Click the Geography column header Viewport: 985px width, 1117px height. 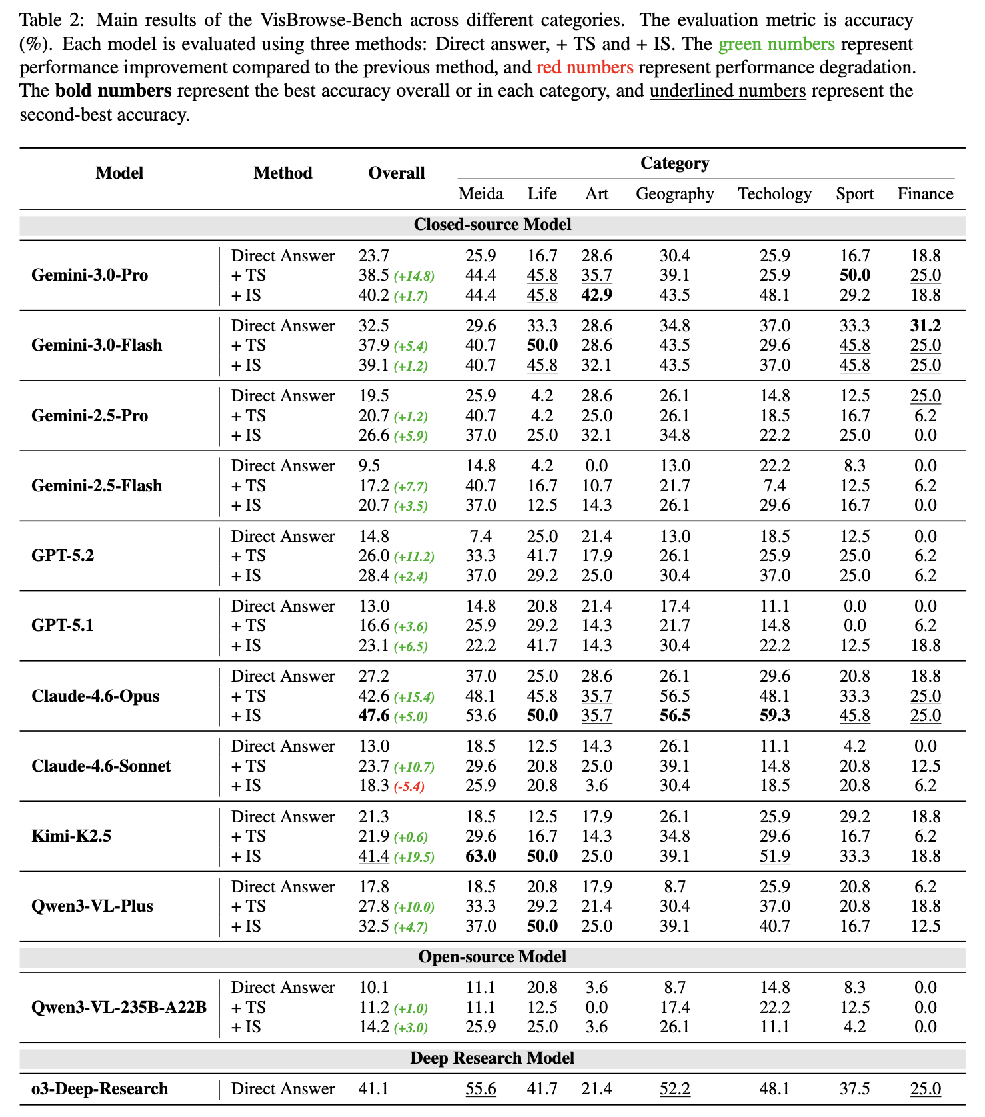(674, 194)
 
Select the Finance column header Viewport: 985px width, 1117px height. (925, 194)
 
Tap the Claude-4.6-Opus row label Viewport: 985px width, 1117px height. (95, 696)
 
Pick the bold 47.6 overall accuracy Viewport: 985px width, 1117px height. (373, 716)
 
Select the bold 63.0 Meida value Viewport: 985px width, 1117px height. (480, 856)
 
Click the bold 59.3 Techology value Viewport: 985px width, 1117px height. (774, 716)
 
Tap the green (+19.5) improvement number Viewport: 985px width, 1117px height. (413, 857)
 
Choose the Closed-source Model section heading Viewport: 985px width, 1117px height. (492, 225)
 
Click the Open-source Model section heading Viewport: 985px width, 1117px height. (492, 957)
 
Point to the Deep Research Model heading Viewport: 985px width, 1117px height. (492, 1058)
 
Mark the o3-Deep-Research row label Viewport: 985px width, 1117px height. (100, 1089)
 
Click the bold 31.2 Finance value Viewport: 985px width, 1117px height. (925, 326)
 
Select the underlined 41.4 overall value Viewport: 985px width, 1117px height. (373, 856)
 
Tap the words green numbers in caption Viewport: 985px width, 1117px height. (776, 44)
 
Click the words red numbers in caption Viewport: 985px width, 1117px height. (584, 67)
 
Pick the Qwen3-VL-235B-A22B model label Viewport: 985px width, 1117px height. (119, 1007)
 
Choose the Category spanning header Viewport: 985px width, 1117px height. (674, 163)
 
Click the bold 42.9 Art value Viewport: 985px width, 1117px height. (596, 295)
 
